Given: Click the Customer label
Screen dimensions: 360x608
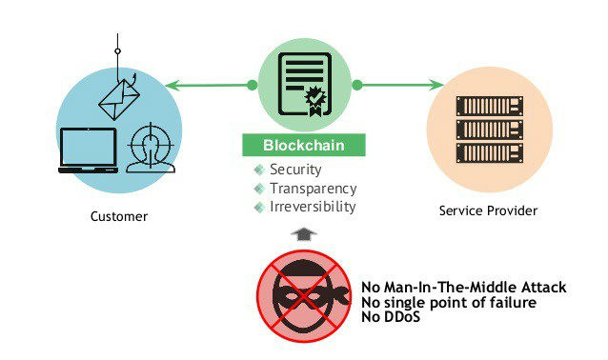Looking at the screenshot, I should point(119,216).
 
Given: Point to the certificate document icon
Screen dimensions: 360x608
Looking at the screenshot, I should point(305,84).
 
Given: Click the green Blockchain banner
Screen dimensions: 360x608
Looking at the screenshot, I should point(304,147).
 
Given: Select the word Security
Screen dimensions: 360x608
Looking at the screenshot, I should point(295,170).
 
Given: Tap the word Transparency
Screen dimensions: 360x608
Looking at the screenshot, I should point(313,188).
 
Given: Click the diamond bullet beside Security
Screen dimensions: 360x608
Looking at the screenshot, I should point(258,170).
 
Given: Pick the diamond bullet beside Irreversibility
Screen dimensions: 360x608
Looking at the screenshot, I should point(258,207).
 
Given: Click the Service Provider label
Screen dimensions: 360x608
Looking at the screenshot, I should point(488,210).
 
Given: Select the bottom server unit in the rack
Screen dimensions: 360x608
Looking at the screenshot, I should point(489,152).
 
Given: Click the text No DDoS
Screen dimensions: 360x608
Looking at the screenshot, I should point(391,317).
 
